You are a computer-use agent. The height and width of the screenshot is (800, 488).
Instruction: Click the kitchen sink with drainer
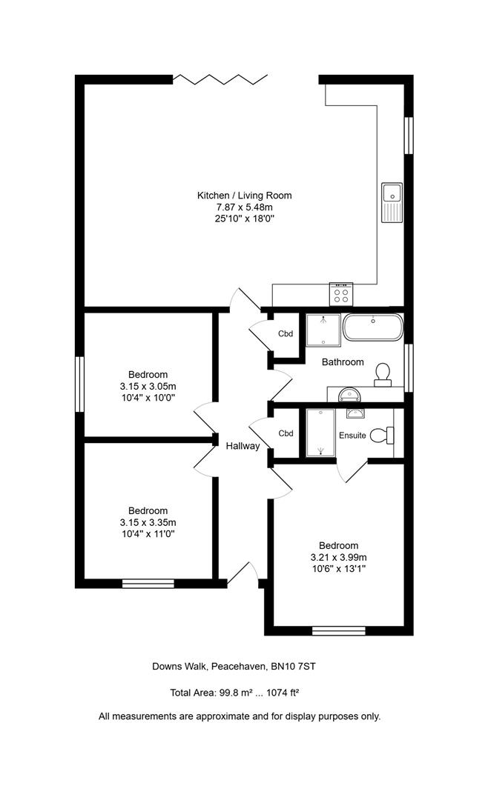[391, 202]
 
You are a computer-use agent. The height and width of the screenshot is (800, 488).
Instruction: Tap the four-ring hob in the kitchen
[341, 294]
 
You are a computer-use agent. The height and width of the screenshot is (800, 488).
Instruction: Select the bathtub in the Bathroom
[373, 327]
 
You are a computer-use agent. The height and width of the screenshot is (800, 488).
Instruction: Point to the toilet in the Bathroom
[383, 374]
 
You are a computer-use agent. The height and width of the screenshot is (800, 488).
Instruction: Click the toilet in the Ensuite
[380, 435]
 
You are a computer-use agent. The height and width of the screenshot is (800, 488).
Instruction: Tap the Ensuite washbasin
[355, 414]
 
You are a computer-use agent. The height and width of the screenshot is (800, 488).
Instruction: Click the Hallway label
[243, 446]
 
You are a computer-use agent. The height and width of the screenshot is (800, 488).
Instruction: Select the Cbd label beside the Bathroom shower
[286, 334]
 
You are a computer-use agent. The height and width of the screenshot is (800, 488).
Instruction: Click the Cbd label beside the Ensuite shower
[286, 433]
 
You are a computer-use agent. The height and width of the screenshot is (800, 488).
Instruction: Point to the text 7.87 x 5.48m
[244, 207]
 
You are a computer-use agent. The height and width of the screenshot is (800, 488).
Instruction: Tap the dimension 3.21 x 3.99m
[339, 557]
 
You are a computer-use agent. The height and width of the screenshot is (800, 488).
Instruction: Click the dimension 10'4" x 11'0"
[148, 534]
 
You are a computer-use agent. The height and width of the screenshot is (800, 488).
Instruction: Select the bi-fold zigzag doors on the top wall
[220, 79]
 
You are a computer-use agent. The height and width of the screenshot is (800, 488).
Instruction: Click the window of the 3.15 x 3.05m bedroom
[79, 384]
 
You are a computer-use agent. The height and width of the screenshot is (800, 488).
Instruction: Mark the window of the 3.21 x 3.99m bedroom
[339, 631]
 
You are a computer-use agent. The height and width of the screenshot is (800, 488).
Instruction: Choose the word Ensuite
[352, 436]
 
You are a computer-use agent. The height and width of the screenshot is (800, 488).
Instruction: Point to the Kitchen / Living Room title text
[244, 196]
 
